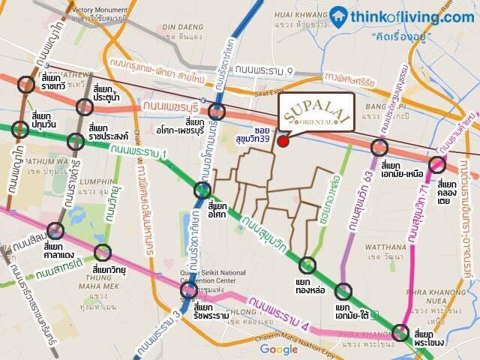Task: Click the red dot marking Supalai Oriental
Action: pos(283,141)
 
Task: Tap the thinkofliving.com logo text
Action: pos(412,16)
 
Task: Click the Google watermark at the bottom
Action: pos(279,349)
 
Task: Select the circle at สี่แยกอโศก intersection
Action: pos(202,190)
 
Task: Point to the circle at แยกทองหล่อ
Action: pos(307,265)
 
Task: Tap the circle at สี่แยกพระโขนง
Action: pos(400,333)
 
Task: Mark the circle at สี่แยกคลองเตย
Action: pos(436,165)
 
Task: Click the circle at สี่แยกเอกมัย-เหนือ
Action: pos(379,148)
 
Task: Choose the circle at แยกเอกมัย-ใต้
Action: pos(343,291)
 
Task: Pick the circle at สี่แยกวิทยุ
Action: pos(103,253)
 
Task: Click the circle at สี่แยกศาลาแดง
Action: pos(55,231)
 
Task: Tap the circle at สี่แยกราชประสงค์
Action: pos(75,141)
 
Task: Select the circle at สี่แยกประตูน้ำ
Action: pos(85,106)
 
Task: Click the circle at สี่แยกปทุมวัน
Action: pos(20,129)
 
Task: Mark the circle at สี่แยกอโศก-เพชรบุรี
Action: pos(217,112)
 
